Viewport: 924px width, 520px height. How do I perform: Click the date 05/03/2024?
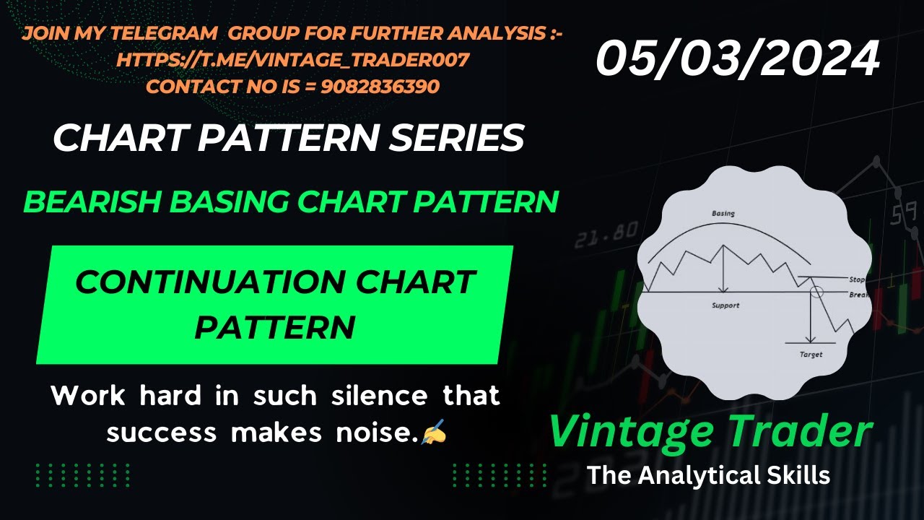click(x=737, y=58)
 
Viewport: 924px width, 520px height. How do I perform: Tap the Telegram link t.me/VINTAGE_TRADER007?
click(x=293, y=60)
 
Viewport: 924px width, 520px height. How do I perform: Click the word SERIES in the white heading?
click(x=456, y=138)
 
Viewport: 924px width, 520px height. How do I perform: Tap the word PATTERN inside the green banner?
click(x=275, y=327)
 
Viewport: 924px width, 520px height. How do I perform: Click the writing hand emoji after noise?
click(x=434, y=433)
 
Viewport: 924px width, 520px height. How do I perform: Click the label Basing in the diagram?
click(x=723, y=214)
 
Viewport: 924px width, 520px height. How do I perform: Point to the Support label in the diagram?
click(x=725, y=305)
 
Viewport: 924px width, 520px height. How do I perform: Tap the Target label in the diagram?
click(x=811, y=355)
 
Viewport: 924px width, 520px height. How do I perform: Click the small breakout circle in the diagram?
click(x=817, y=292)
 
